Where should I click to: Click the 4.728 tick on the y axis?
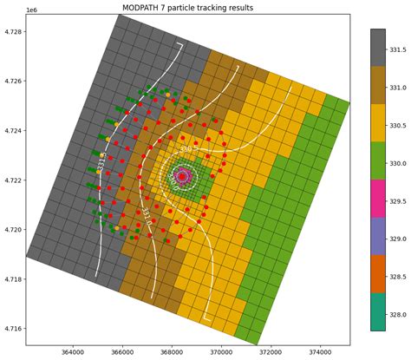(x=14, y=31)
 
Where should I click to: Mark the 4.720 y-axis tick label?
(x=14, y=230)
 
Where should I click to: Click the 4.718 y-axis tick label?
(x=14, y=279)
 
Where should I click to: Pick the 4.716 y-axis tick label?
(x=14, y=329)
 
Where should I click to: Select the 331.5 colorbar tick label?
(x=399, y=50)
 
